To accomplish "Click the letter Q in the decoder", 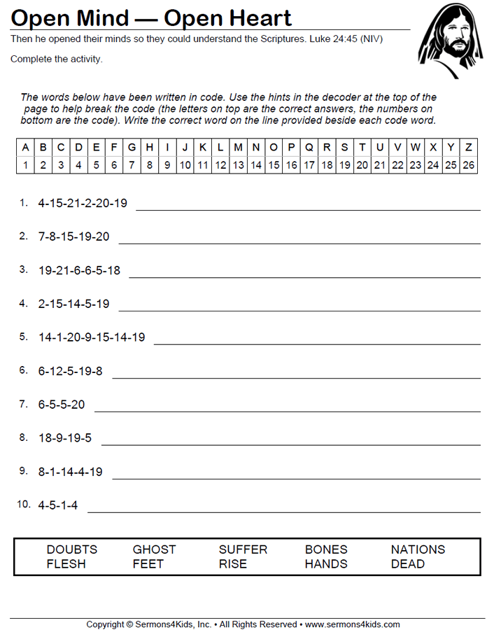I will pyautogui.click(x=309, y=148).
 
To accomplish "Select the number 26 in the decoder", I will pyautogui.click(x=469, y=165).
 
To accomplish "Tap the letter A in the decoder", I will pyautogui.click(x=26, y=148).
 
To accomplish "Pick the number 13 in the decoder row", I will pyautogui.click(x=238, y=165).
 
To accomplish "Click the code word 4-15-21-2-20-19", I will pyautogui.click(x=83, y=203).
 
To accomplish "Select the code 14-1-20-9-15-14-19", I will pyautogui.click(x=92, y=337).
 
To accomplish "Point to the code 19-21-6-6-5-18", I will pyautogui.click(x=79, y=270).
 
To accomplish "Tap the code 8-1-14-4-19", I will pyautogui.click(x=70, y=472).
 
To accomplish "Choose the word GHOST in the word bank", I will pyautogui.click(x=155, y=549).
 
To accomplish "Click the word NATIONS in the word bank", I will pyautogui.click(x=418, y=549).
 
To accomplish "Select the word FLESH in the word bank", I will pyautogui.click(x=66, y=563).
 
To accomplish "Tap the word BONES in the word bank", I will pyautogui.click(x=326, y=549).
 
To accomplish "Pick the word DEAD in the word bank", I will pyautogui.click(x=408, y=563).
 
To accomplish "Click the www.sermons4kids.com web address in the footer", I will pyautogui.click(x=353, y=624).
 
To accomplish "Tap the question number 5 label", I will pyautogui.click(x=23, y=337).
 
